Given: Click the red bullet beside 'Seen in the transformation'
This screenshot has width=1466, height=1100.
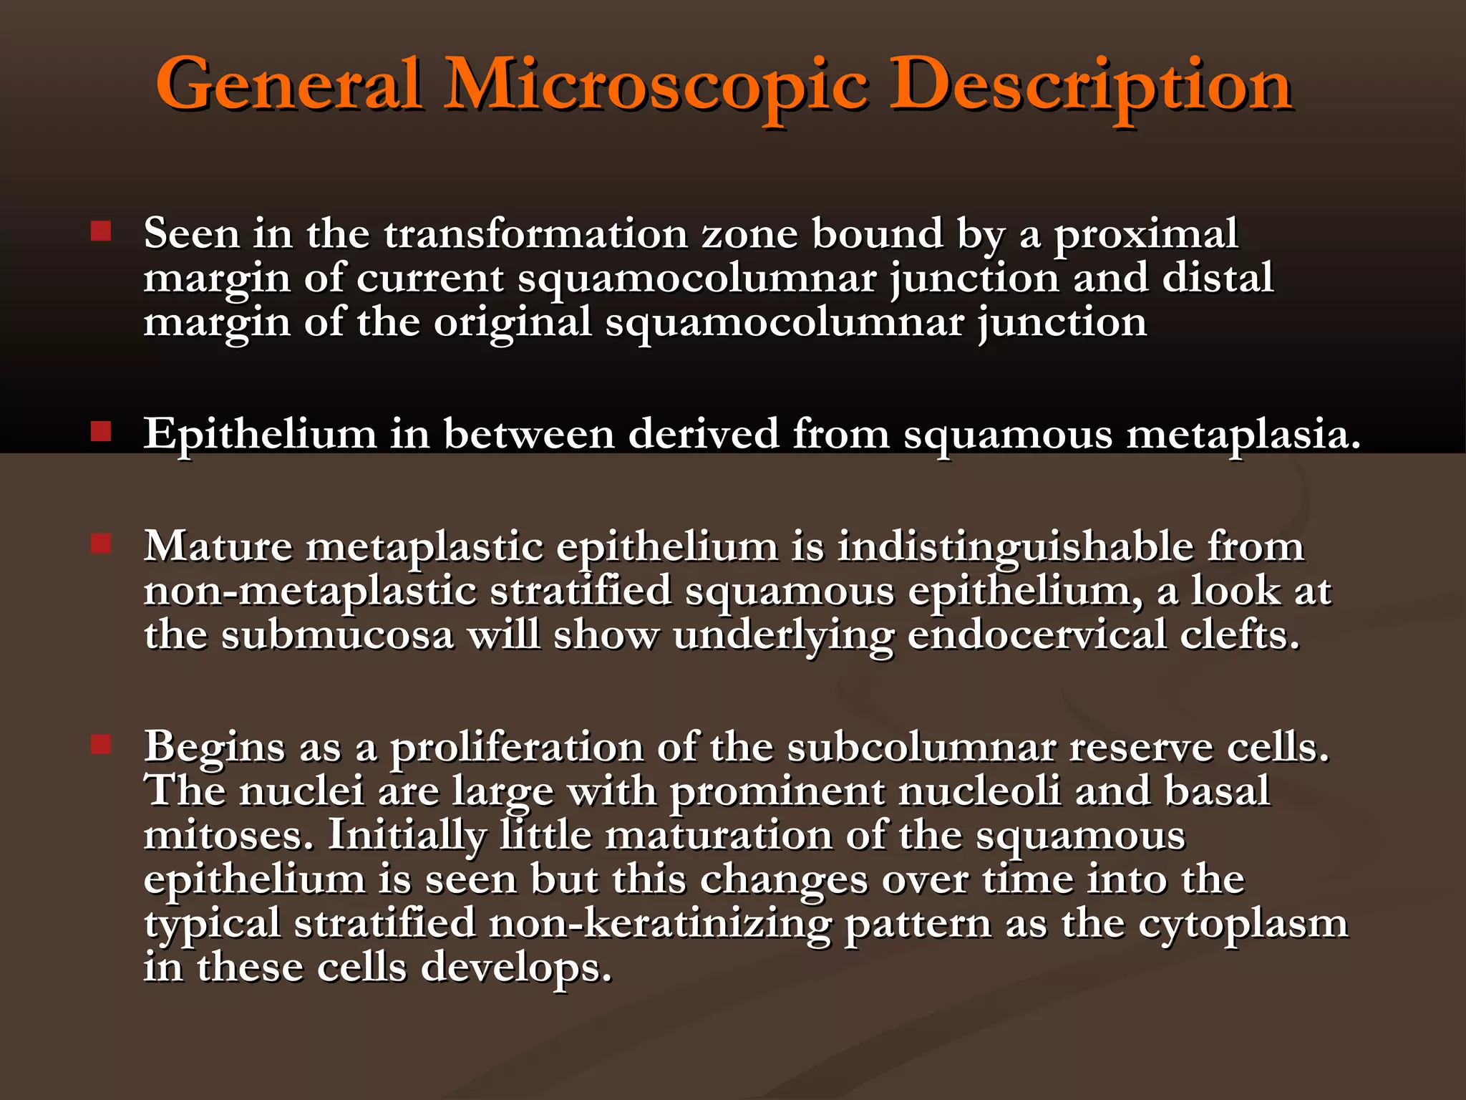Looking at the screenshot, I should [x=101, y=231].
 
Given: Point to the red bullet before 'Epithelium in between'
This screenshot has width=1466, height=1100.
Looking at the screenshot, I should [x=101, y=431].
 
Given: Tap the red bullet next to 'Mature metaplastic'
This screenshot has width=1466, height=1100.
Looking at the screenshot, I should [x=101, y=544].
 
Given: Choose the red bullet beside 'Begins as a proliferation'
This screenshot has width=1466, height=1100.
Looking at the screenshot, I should [x=101, y=745].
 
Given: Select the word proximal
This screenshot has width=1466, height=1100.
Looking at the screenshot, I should [x=1145, y=236].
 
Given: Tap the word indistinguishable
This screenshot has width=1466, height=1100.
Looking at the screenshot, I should [x=1016, y=549].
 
